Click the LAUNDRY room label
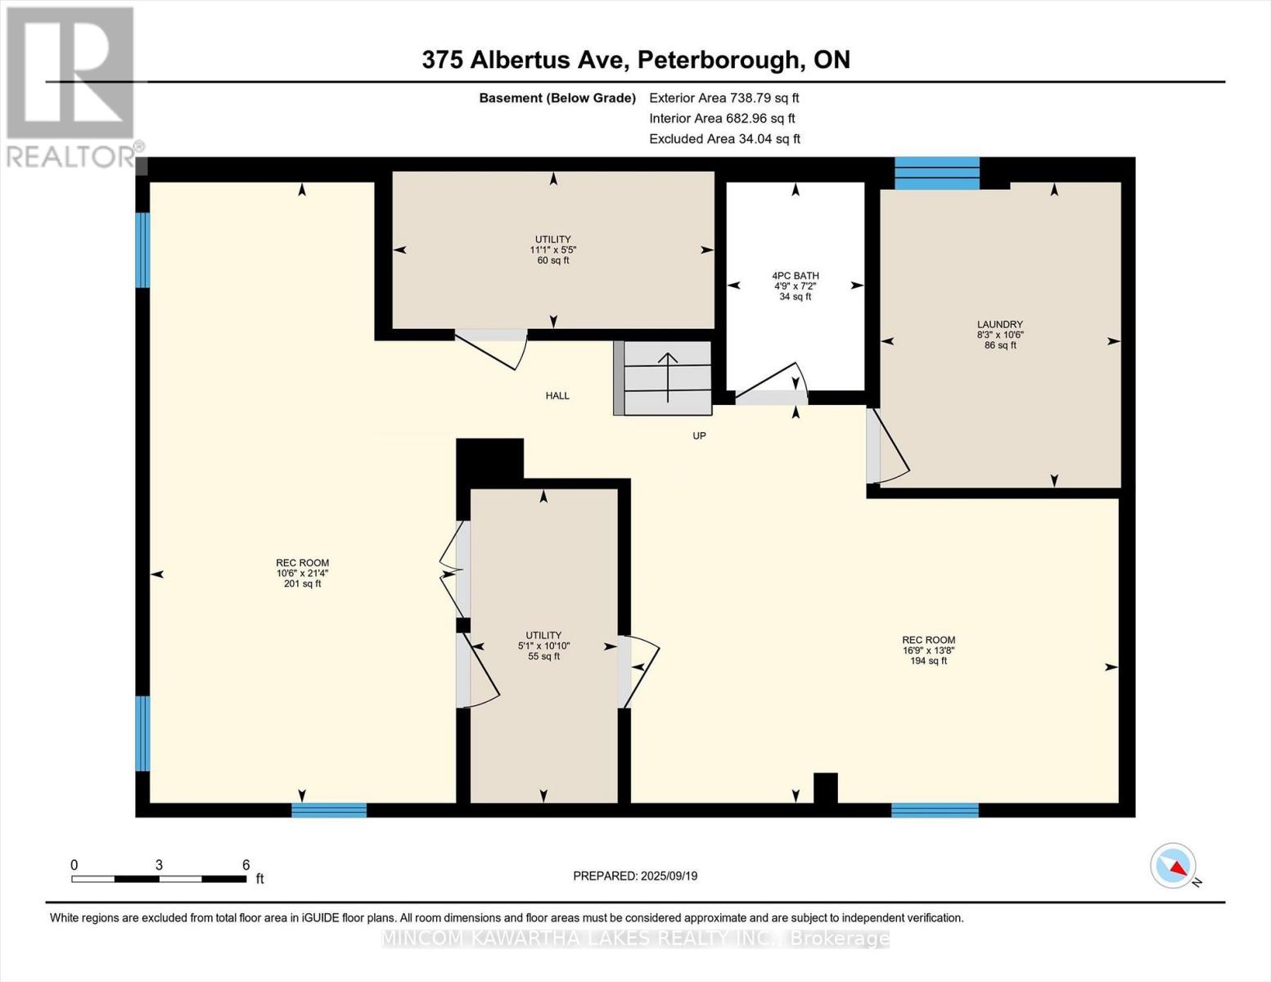999,324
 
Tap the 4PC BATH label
795,276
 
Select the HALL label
557,396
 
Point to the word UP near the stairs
699,436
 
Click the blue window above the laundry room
936,173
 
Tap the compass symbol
1174,866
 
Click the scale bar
159,879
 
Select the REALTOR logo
71,86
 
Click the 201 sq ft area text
302,584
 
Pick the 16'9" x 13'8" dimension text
928,651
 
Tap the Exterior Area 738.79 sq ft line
723,97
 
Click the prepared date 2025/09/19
635,876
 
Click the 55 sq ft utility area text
543,656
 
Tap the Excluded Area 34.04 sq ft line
724,139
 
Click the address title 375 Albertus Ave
635,60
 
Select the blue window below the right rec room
935,810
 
